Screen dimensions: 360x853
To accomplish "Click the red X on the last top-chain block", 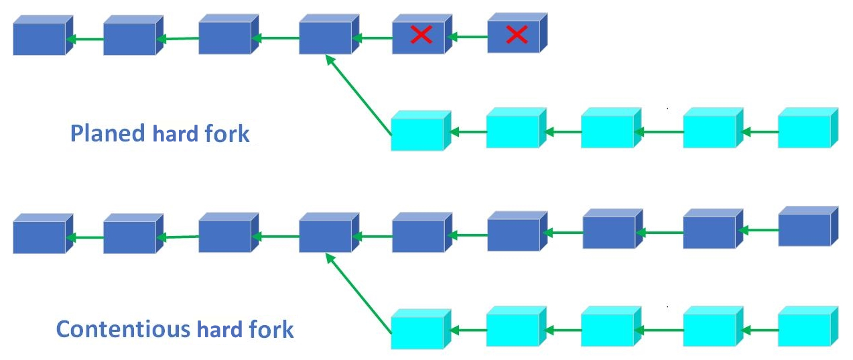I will [x=517, y=35].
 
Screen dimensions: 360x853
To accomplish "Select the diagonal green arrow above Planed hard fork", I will [x=358, y=93].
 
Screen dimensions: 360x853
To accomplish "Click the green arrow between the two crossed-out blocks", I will [x=466, y=38].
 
